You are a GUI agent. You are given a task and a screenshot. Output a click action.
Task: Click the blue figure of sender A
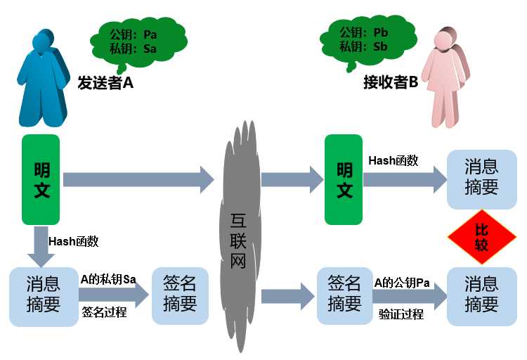(42, 79)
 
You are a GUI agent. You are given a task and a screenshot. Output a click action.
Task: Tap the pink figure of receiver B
(447, 79)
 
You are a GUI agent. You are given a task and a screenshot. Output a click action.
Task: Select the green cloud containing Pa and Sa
(138, 43)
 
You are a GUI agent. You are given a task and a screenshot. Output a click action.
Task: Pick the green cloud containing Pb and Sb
(367, 41)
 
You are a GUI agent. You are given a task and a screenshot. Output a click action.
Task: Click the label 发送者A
(105, 82)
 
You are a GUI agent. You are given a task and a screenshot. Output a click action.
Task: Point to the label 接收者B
(391, 82)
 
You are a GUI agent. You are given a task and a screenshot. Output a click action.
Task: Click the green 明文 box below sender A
(41, 180)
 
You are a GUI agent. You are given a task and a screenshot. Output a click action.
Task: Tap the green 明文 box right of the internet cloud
(344, 180)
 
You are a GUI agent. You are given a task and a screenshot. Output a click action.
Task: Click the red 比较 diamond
(481, 237)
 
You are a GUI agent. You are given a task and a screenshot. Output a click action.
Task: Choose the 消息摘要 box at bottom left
(44, 297)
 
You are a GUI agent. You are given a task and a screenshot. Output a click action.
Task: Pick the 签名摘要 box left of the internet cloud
(180, 296)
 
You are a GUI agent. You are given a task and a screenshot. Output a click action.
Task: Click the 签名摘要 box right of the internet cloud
(344, 296)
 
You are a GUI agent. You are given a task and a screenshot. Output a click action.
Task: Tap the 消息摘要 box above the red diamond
(481, 179)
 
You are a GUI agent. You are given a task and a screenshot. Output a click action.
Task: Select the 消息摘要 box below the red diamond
(481, 297)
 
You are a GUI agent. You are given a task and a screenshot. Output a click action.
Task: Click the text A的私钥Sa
(108, 279)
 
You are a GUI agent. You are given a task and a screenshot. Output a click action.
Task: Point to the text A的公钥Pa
(402, 283)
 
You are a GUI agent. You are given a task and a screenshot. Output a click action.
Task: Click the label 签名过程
(104, 312)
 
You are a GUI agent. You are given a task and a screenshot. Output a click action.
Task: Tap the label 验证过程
(401, 314)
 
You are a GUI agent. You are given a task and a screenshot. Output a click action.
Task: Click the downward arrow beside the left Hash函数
(41, 247)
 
